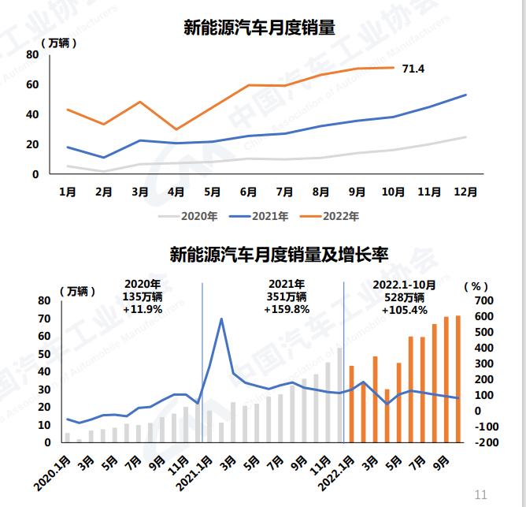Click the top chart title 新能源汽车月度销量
pos(259,29)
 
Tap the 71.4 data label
pos(413,69)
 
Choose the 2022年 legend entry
pos(335,215)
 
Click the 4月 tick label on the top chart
pos(176,191)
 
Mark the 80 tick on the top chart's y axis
pos(31,54)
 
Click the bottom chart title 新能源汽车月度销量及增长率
pos(280,255)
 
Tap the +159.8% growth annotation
pos(285,310)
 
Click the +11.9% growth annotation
pos(143,310)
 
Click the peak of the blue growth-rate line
pos(222,319)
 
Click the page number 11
pos(480,494)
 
